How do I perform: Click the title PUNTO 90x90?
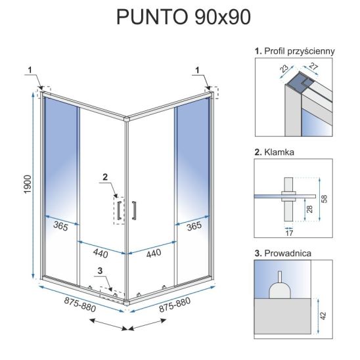pyautogui.click(x=183, y=17)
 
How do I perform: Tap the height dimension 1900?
pyautogui.click(x=28, y=184)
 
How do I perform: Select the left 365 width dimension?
pyautogui.click(x=60, y=226)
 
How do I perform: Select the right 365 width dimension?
pyautogui.click(x=194, y=226)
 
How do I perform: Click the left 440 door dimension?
pyautogui.click(x=101, y=254)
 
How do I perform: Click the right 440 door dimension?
pyautogui.click(x=154, y=254)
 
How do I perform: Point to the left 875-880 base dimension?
pyautogui.click(x=80, y=304)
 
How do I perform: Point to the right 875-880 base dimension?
pyautogui.click(x=175, y=305)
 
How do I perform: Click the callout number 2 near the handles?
pyautogui.click(x=105, y=177)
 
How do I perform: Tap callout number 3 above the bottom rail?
pyautogui.click(x=100, y=271)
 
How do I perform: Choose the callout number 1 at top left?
pyautogui.click(x=30, y=70)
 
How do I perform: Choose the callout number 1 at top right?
pyautogui.click(x=198, y=70)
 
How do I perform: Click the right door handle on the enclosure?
pyautogui.click(x=134, y=210)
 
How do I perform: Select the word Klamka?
pyautogui.click(x=279, y=152)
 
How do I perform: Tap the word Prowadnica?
pyautogui.click(x=288, y=253)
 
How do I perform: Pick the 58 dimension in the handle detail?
pyautogui.click(x=325, y=199)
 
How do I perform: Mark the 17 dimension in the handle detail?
pyautogui.click(x=289, y=233)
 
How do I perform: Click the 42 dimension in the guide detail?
pyautogui.click(x=323, y=316)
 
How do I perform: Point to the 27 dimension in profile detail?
pyautogui.click(x=313, y=66)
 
